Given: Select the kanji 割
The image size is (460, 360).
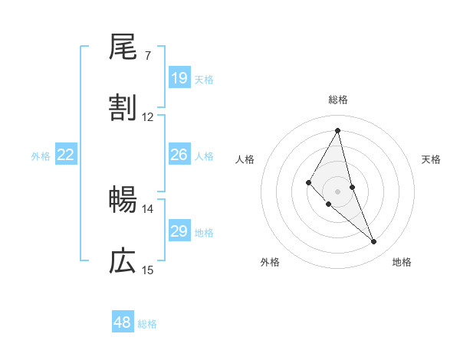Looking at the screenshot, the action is (x=123, y=108).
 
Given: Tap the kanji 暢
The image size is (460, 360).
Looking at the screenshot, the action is (x=123, y=200).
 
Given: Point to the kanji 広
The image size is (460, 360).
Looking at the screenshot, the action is (x=123, y=261).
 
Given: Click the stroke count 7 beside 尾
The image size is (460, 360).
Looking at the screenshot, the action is (x=148, y=56).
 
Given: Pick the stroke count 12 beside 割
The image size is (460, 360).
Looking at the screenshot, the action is (x=148, y=117).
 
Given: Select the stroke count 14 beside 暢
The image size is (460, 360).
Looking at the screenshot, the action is (x=148, y=208).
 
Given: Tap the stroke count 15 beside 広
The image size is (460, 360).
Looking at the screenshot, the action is (x=148, y=270).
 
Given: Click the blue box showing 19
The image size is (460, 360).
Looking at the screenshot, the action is (x=179, y=78).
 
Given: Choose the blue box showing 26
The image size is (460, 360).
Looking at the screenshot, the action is (x=179, y=155).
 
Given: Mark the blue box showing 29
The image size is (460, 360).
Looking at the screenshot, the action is (x=179, y=231).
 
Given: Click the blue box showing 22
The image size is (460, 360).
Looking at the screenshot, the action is (x=66, y=155).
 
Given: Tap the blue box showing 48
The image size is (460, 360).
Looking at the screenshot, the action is (x=123, y=322).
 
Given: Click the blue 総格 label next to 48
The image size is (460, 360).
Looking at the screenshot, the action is (x=148, y=324).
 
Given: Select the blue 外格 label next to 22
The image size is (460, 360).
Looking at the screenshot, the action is (x=41, y=156).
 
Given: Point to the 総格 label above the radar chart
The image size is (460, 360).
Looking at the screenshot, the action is (x=338, y=100).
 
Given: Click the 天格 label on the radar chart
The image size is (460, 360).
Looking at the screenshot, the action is (x=432, y=159).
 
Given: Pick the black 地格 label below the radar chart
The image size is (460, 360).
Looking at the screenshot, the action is (x=402, y=262).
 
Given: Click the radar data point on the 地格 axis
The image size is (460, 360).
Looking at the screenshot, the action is (x=374, y=242).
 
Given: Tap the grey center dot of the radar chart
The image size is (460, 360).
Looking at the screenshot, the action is (x=337, y=191).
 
